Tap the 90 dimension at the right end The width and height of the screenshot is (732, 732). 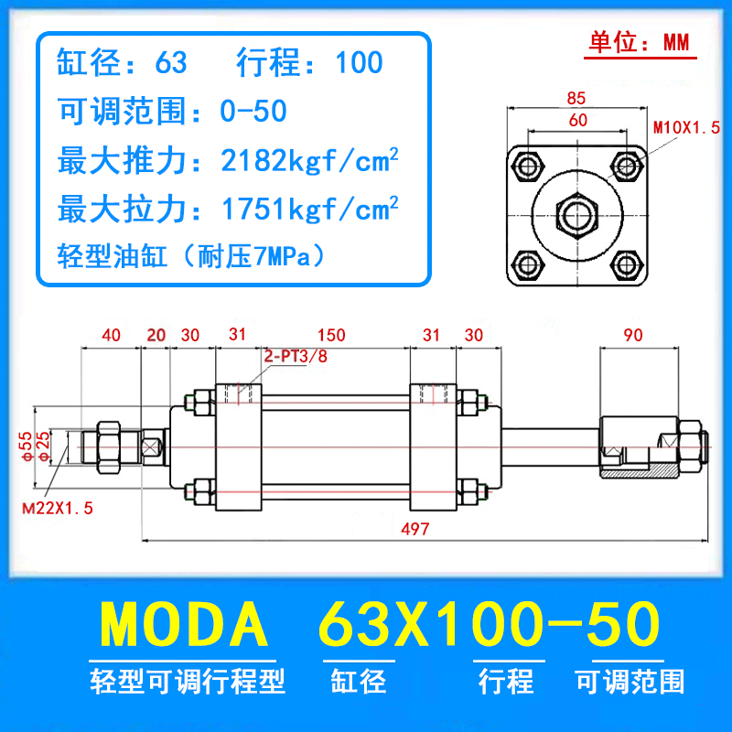tap(632, 336)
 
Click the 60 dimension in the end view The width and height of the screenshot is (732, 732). tap(577, 119)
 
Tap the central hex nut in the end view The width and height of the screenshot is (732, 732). tap(578, 216)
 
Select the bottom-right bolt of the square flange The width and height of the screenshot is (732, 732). tap(626, 266)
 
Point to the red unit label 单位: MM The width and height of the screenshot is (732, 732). tap(637, 43)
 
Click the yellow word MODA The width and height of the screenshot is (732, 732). tap(185, 625)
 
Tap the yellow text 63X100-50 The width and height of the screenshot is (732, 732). tap(488, 625)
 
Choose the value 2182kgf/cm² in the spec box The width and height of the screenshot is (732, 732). tap(310, 162)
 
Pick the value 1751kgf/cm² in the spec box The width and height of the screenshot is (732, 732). tap(310, 210)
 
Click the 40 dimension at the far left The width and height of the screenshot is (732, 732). tap(111, 336)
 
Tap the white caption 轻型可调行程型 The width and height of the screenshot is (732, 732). tap(188, 682)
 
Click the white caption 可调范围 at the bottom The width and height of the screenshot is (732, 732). tap(630, 682)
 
